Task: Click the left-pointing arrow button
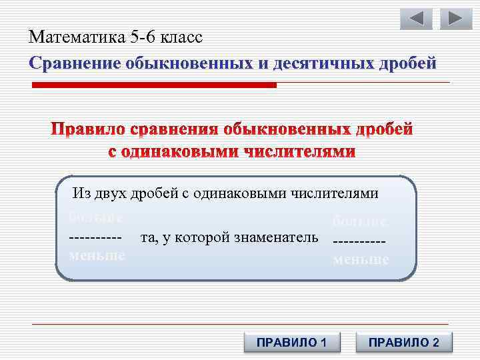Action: (x=416, y=19)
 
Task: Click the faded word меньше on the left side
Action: (x=97, y=256)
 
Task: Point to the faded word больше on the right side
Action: (x=360, y=221)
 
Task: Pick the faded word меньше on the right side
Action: (x=361, y=259)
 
